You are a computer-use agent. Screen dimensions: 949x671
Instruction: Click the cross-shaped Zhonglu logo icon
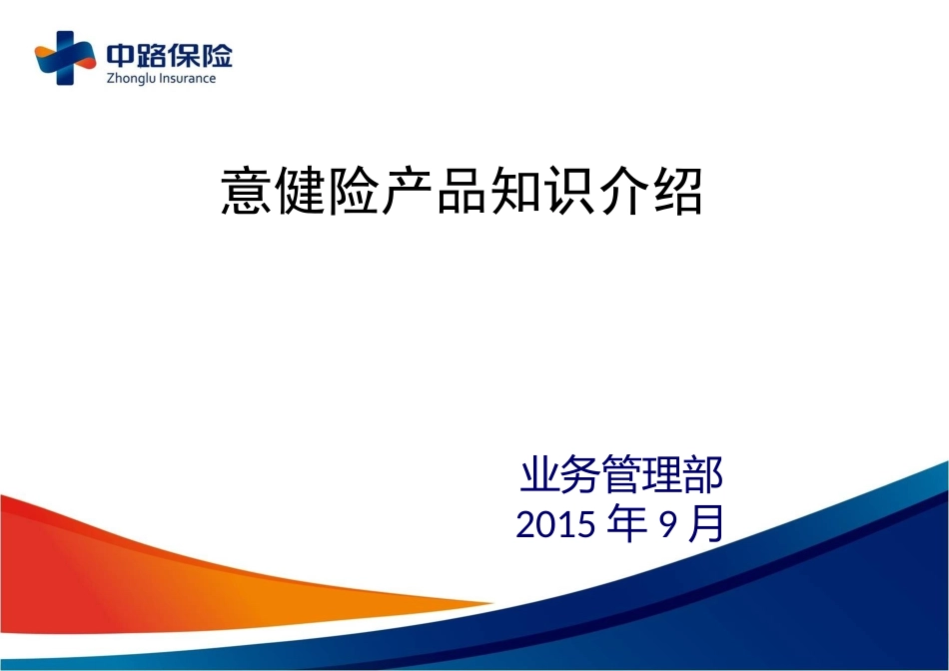click(x=65, y=58)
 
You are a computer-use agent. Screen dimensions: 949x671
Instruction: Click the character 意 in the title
click(x=246, y=191)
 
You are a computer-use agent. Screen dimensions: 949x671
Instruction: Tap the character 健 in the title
click(x=301, y=191)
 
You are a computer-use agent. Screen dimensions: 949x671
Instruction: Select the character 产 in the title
click(x=408, y=191)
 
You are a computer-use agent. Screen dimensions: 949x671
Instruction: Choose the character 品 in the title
click(x=462, y=191)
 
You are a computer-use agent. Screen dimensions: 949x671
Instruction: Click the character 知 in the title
click(x=515, y=191)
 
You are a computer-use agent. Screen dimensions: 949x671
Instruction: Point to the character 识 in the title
click(x=570, y=191)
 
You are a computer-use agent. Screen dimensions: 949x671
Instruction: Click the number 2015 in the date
click(x=555, y=524)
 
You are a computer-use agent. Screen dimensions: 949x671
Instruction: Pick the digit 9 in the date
click(x=667, y=524)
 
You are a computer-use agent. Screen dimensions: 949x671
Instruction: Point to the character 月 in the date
click(x=706, y=523)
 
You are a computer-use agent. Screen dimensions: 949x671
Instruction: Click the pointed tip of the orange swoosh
click(x=491, y=603)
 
